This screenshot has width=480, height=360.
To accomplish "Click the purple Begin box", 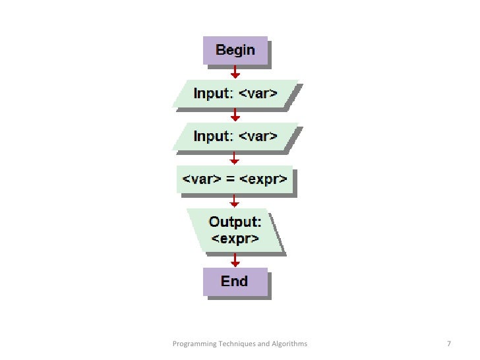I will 235,51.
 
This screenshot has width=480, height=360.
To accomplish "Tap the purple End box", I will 235,282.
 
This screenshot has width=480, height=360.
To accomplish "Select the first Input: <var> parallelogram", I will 235,94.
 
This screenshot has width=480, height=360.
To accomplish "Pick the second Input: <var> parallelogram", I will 235,136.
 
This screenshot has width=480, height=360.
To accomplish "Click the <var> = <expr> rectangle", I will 235,179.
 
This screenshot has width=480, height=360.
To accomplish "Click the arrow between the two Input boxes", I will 235,115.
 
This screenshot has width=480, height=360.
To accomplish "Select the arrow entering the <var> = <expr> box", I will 235,159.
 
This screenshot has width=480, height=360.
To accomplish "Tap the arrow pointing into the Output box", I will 235,200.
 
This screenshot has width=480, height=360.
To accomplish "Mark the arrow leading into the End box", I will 235,260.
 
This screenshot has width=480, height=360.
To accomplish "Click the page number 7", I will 448,344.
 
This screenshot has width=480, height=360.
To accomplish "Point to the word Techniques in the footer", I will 237,344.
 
